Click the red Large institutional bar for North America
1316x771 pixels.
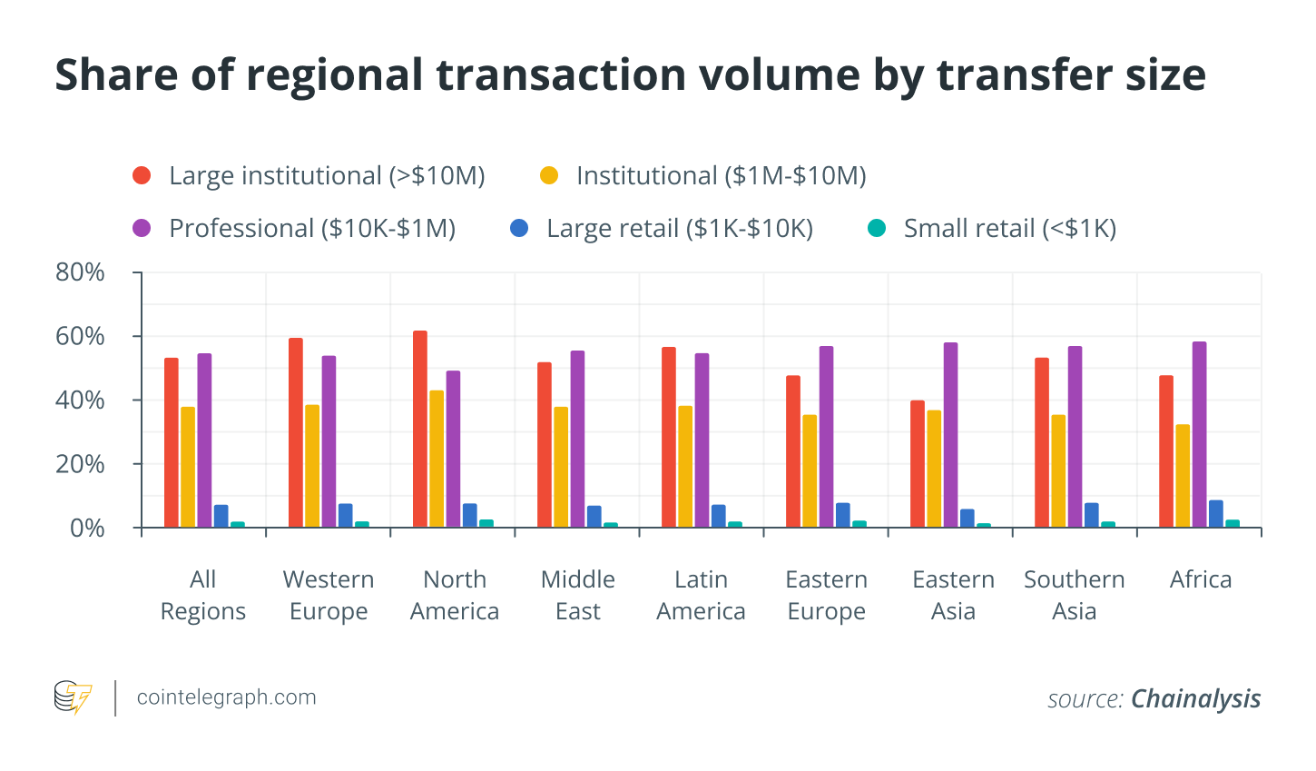pyautogui.click(x=420, y=430)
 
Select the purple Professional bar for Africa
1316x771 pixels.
pyautogui.click(x=1199, y=435)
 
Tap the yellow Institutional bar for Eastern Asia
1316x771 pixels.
pyautogui.click(x=934, y=469)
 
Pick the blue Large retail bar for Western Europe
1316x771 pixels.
pyautogui.click(x=346, y=516)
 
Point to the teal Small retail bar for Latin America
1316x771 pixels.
pyautogui.click(x=735, y=525)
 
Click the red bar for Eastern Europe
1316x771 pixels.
pyautogui.click(x=793, y=451)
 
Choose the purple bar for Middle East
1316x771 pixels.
pyautogui.click(x=578, y=440)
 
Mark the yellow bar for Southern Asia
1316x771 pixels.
pyautogui.click(x=1058, y=470)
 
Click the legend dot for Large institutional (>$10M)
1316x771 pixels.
pyautogui.click(x=142, y=175)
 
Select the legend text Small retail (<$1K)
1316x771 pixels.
pyautogui.click(x=1009, y=228)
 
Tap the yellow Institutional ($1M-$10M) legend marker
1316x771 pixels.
pyautogui.click(x=549, y=175)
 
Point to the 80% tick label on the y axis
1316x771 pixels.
pyautogui.click(x=81, y=272)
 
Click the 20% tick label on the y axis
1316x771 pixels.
pyautogui.click(x=81, y=464)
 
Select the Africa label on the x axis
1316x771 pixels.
pyautogui.click(x=1200, y=579)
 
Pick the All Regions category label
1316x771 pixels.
pyautogui.click(x=203, y=595)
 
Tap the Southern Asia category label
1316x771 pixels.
pyautogui.click(x=1074, y=595)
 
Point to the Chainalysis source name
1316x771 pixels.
pyautogui.click(x=1195, y=698)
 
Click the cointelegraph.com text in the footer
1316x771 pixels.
pyautogui.click(x=227, y=697)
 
